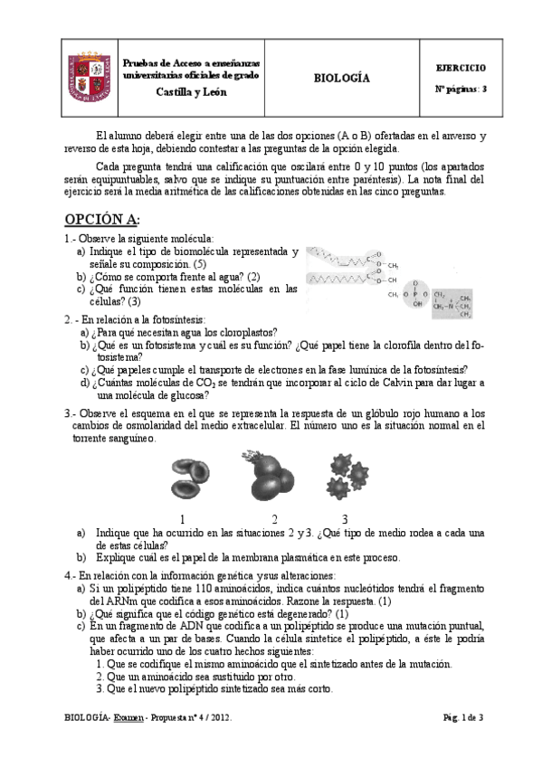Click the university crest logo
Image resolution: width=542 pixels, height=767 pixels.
pyautogui.click(x=90, y=78)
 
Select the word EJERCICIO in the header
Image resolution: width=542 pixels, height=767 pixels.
pyautogui.click(x=461, y=68)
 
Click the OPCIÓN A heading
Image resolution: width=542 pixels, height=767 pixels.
pyautogui.click(x=101, y=221)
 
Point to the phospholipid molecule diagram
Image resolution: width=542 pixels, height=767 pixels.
pyautogui.click(x=389, y=279)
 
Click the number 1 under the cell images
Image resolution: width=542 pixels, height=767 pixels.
pyautogui.click(x=182, y=519)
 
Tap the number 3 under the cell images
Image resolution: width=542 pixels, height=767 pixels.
pyautogui.click(x=345, y=519)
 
